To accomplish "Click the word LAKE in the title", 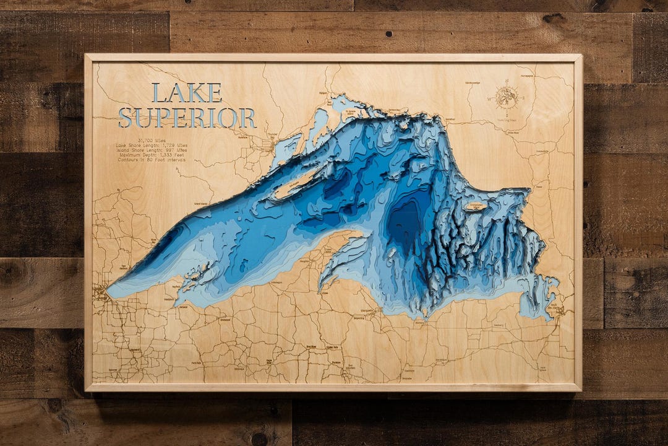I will click(187, 93).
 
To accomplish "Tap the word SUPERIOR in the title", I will click(187, 118).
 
